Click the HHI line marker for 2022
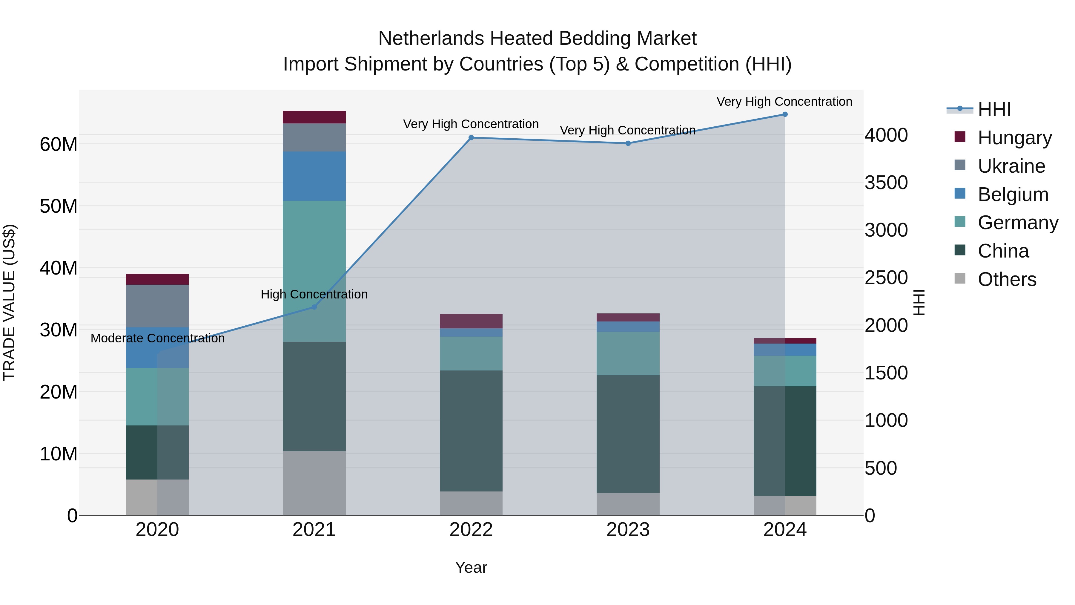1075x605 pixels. pos(471,137)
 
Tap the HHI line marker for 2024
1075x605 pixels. pos(785,114)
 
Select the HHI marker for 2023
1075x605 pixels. pos(628,143)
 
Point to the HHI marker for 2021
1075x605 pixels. pos(314,307)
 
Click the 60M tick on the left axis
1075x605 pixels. pos(59,145)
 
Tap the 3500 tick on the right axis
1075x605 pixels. pos(886,183)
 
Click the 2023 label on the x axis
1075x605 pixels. pos(628,530)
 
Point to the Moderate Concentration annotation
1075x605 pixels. pos(157,338)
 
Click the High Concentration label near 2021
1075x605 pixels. pos(314,294)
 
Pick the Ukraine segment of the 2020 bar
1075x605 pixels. pos(157,306)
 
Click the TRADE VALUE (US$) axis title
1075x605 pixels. pos(9,302)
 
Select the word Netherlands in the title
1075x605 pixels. pos(431,39)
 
